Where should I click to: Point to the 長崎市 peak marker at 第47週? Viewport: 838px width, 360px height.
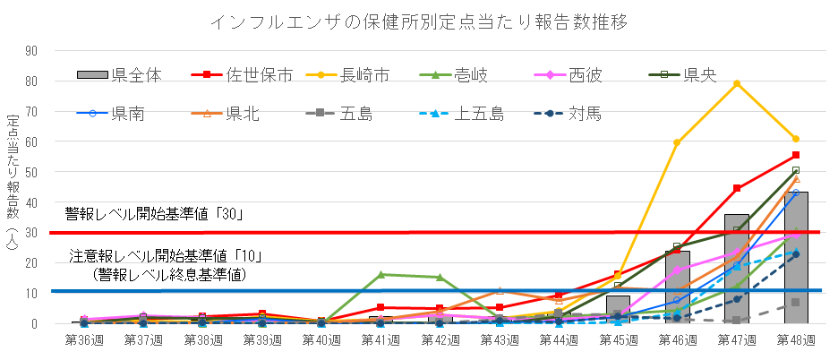pos(737,84)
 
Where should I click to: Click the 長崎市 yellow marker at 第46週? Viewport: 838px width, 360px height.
pos(677,142)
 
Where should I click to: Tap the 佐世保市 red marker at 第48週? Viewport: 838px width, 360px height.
pos(796,156)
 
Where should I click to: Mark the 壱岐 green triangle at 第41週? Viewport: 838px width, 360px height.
pos(381,275)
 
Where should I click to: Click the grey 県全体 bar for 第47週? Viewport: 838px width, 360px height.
pos(737,269)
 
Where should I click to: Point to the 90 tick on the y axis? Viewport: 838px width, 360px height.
pos(31,51)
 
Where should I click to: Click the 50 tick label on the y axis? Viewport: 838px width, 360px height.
pos(31,172)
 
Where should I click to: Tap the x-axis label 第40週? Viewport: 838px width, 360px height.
pos(321,340)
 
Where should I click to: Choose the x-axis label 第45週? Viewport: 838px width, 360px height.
pos(618,340)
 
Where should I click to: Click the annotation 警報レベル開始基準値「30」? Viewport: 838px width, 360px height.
pos(155,215)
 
